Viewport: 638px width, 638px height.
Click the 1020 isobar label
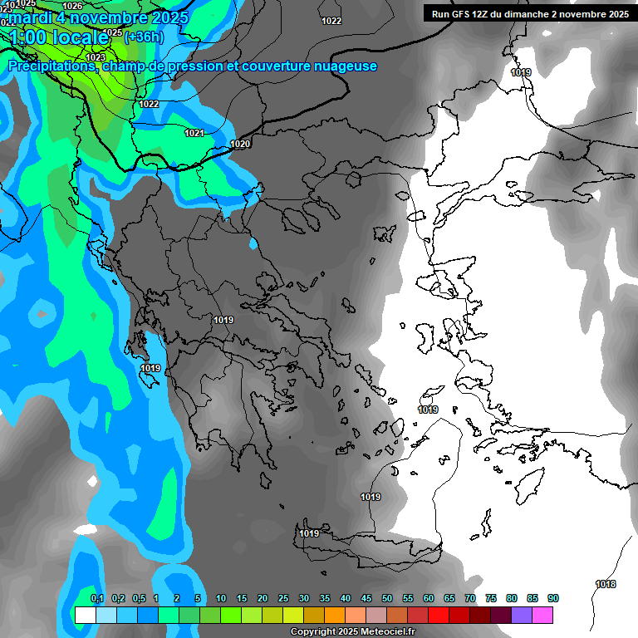pyautogui.click(x=240, y=145)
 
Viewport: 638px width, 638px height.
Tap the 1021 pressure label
pyautogui.click(x=194, y=134)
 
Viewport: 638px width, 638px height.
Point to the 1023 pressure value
pyautogui.click(x=96, y=57)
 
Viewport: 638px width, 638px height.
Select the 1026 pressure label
pyautogui.click(x=72, y=6)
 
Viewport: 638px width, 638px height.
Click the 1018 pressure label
pyautogui.click(x=606, y=585)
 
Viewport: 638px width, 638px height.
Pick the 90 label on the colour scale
pyautogui.click(x=553, y=599)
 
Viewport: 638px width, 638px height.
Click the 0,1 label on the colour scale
pyautogui.click(x=97, y=599)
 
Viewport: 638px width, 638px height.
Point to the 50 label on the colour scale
pyautogui.click(x=387, y=599)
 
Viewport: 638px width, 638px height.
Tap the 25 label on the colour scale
pyautogui.click(x=283, y=599)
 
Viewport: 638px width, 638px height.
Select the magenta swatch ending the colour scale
pyautogui.click(x=542, y=615)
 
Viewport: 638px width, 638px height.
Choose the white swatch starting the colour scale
pyautogui.click(x=85, y=615)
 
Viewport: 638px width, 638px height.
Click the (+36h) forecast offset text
pyautogui.click(x=144, y=37)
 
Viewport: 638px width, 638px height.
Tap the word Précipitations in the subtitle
pyautogui.click(x=52, y=66)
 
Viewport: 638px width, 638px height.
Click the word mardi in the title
pyautogui.click(x=25, y=17)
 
